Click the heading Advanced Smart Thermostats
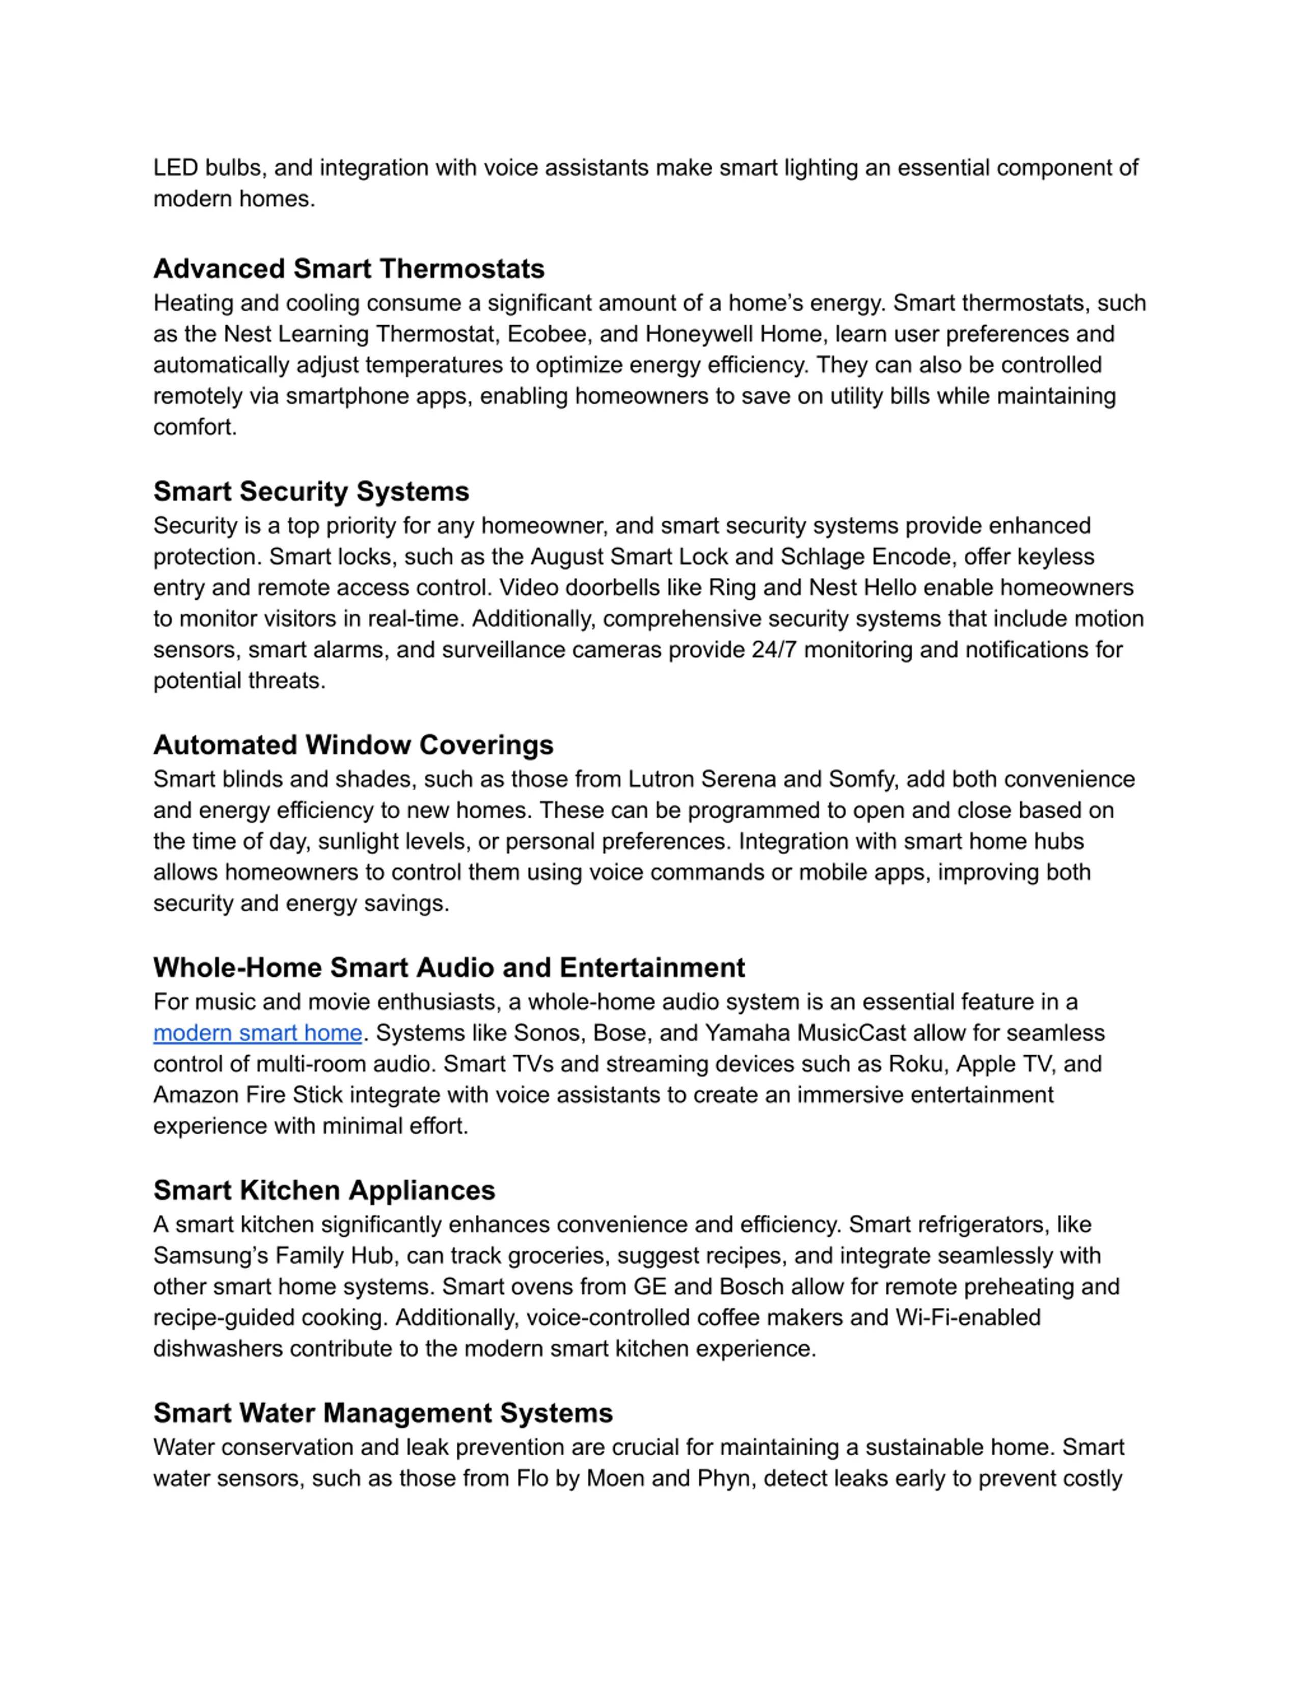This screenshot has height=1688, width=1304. (x=348, y=269)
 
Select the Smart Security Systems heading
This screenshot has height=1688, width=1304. (x=311, y=492)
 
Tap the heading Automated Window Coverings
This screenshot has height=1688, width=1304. (x=353, y=745)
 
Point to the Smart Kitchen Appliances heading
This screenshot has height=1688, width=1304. (x=323, y=1190)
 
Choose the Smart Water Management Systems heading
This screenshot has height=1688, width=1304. (x=383, y=1413)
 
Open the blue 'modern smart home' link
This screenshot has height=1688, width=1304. (x=257, y=1033)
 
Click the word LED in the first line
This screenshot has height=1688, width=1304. (x=175, y=168)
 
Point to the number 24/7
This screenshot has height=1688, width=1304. (x=773, y=650)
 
